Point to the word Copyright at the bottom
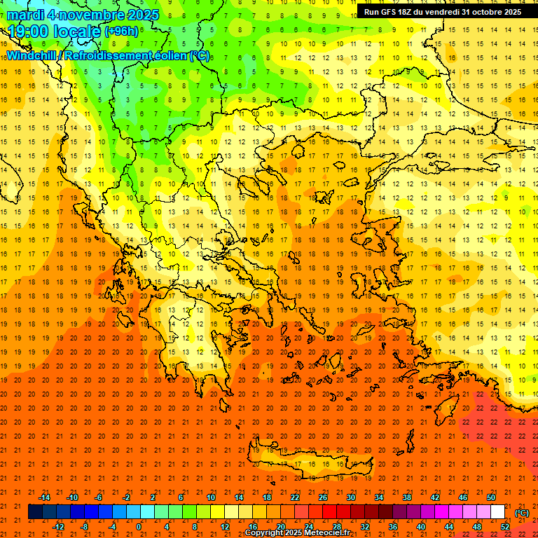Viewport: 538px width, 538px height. pyautogui.click(x=265, y=533)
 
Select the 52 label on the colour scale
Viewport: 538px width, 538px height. pyautogui.click(x=505, y=526)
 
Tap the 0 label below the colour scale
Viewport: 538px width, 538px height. pyautogui.click(x=138, y=526)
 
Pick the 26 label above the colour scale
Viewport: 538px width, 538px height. pyautogui.click(x=322, y=497)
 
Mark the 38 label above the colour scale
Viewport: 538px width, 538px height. pyautogui.click(x=406, y=497)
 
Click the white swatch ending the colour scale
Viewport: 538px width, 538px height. pyautogui.click(x=497, y=511)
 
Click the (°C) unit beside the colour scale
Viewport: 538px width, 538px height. pyautogui.click(x=522, y=513)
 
